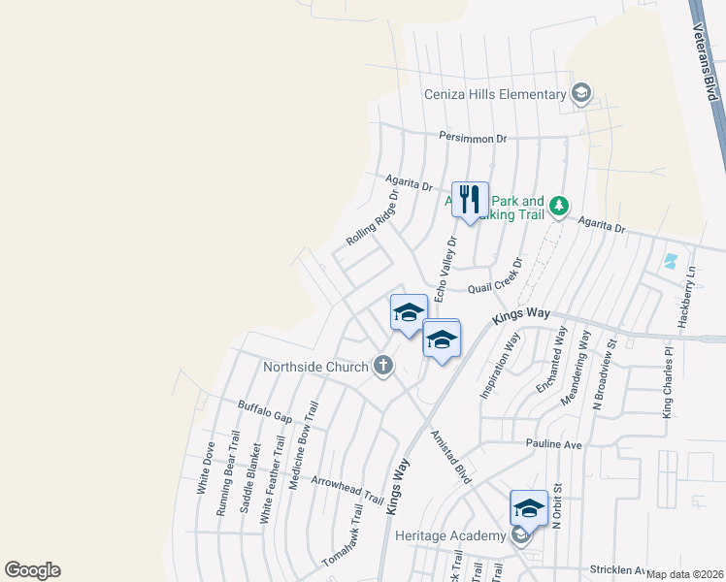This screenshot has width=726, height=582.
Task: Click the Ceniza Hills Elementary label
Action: click(x=494, y=94)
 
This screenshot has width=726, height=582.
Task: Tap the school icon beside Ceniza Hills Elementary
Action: click(x=581, y=94)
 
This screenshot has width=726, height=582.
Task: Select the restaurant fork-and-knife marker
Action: click(x=471, y=200)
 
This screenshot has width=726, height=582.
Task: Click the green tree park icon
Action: click(x=558, y=205)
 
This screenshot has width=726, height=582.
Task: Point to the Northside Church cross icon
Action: click(x=383, y=366)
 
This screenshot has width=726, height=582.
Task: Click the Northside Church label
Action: click(x=315, y=367)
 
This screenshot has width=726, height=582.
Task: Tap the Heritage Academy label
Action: click(x=450, y=535)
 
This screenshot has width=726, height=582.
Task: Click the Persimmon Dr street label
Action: click(x=473, y=138)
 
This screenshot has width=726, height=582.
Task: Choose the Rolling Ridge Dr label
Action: click(x=373, y=218)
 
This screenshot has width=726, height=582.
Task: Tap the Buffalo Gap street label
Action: click(x=265, y=410)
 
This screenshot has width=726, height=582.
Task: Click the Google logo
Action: click(x=32, y=570)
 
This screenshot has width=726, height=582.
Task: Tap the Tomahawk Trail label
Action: click(x=342, y=535)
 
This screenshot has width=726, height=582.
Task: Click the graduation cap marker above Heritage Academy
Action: click(x=528, y=508)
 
